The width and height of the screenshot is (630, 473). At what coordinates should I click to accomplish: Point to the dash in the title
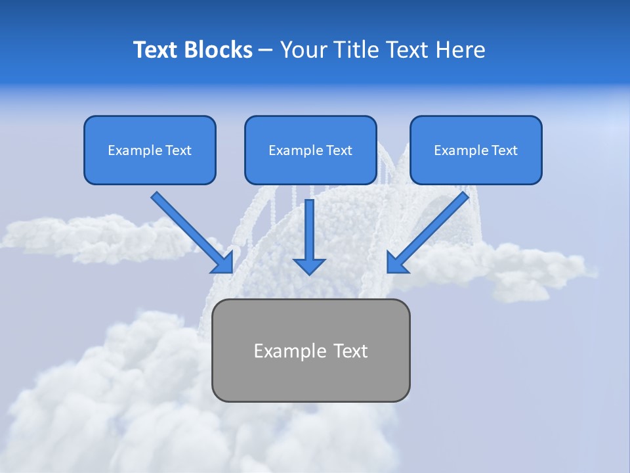tap(266, 51)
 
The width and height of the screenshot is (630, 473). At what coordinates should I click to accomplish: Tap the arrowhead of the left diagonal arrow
tap(223, 263)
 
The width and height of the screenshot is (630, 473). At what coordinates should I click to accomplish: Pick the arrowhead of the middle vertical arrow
tap(309, 265)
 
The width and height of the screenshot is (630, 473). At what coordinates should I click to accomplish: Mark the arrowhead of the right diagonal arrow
tap(396, 263)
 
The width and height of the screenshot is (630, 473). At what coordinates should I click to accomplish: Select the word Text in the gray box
tap(350, 351)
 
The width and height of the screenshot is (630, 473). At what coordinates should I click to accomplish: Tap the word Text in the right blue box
tap(505, 150)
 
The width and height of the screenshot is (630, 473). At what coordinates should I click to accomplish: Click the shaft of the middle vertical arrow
tap(309, 227)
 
